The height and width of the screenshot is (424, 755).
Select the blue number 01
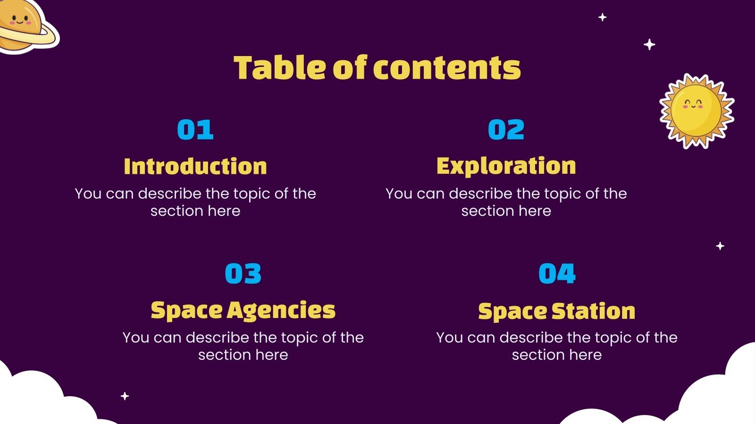[195, 130]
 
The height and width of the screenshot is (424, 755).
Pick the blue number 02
[506, 130]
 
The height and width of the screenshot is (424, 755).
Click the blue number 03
[243, 274]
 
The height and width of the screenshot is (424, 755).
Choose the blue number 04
[557, 274]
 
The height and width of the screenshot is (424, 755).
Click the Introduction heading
[195, 166]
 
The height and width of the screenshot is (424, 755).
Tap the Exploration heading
[506, 166]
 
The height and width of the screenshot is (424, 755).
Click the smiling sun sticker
[696, 111]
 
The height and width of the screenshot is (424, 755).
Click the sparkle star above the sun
[650, 45]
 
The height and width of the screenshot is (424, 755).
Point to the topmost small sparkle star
[603, 17]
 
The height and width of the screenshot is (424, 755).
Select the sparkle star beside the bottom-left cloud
[125, 396]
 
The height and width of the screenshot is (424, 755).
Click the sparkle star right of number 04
[720, 246]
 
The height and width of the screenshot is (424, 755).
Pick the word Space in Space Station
[512, 311]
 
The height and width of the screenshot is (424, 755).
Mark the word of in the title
[349, 68]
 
